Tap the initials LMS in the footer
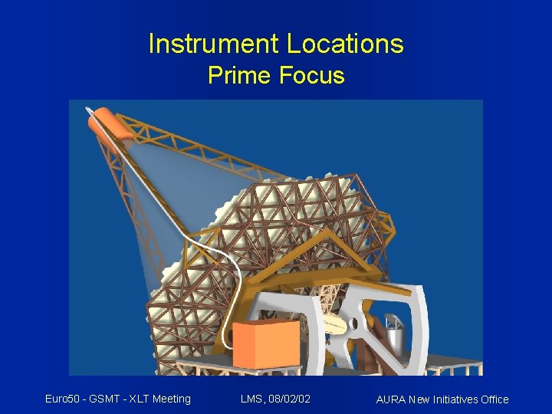(252, 399)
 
